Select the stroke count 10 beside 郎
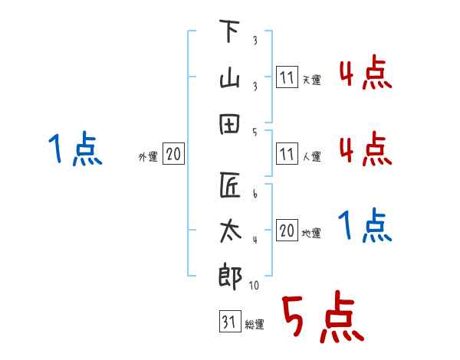point(255,286)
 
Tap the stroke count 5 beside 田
point(254,132)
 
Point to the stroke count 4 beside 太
point(254,241)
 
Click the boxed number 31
point(228,323)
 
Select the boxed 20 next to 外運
point(173,155)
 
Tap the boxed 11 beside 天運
point(287,78)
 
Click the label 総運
point(254,326)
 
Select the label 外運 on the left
point(147,157)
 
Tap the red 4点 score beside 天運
point(365,74)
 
